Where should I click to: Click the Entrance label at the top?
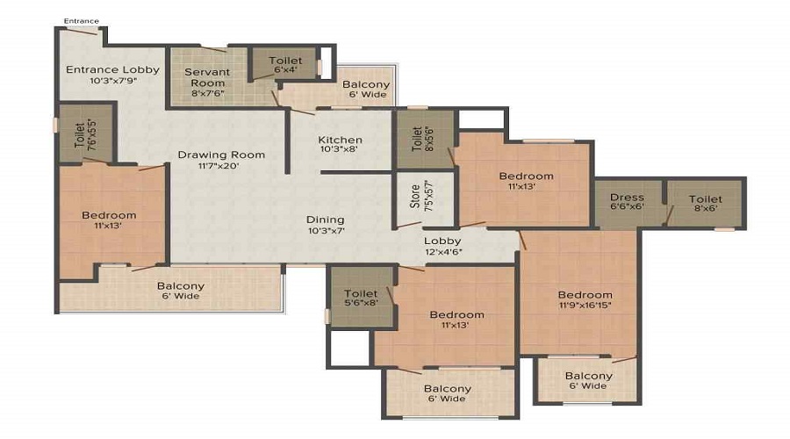pos(81,21)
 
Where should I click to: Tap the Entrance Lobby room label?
pos(113,69)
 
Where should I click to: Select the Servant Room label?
pos(207,77)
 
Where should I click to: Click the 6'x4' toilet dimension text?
pos(285,70)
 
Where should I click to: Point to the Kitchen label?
pos(340,140)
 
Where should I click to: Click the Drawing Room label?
pos(221,155)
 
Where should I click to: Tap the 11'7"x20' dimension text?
pos(219,166)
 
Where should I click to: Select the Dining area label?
pos(326,219)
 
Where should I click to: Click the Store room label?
pos(414,197)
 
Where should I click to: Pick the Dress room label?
pos(627,197)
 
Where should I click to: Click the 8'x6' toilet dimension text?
pos(706,208)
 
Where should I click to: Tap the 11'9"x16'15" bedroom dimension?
pos(585,305)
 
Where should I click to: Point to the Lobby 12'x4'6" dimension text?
pos(443,251)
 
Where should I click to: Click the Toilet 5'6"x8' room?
pos(362,298)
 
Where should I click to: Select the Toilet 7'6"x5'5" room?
pos(86,134)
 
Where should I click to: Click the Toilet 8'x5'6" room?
pos(425,139)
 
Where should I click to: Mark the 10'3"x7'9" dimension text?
pos(114,81)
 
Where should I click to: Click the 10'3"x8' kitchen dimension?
pos(339,149)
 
